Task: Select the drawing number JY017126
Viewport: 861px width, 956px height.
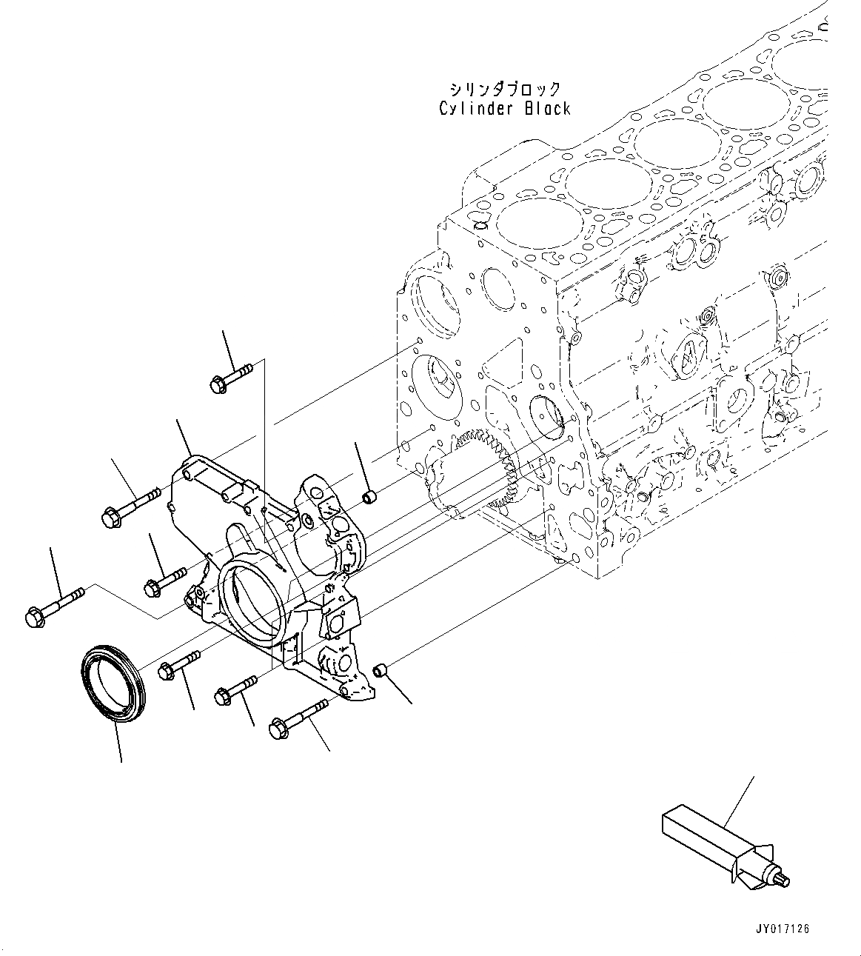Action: pos(783,929)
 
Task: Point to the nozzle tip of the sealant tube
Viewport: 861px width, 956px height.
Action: pos(785,880)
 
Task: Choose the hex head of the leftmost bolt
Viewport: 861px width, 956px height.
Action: pos(36,616)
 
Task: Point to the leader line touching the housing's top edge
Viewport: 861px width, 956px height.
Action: pos(185,437)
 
